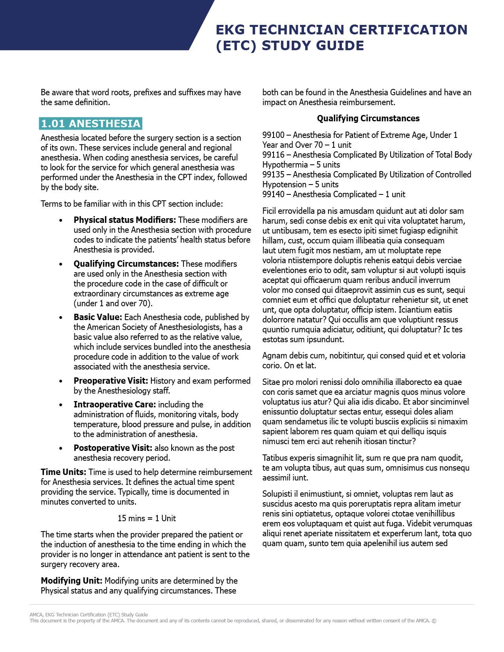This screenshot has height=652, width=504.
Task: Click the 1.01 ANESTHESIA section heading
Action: coord(91,124)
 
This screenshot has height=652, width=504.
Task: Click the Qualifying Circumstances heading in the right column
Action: coord(368,118)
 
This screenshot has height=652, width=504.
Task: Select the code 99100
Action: coord(273,135)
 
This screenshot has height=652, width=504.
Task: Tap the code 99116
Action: coord(273,155)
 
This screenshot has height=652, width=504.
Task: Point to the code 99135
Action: coord(273,175)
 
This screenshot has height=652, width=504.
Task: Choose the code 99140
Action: coord(273,194)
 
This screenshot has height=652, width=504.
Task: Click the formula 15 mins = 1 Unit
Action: coord(147,518)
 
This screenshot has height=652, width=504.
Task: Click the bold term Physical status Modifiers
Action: coord(125,220)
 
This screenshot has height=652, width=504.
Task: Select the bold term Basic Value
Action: coord(98,317)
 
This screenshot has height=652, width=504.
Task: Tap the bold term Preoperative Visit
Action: coord(111,381)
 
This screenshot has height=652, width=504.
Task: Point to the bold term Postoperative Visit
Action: coord(113,448)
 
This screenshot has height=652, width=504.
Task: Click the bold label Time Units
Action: coord(63,472)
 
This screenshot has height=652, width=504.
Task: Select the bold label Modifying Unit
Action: coord(72,581)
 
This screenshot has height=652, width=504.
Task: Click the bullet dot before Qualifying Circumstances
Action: coord(60,264)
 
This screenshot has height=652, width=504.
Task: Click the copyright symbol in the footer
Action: coord(434,621)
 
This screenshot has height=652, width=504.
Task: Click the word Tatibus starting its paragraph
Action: coord(275,458)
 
